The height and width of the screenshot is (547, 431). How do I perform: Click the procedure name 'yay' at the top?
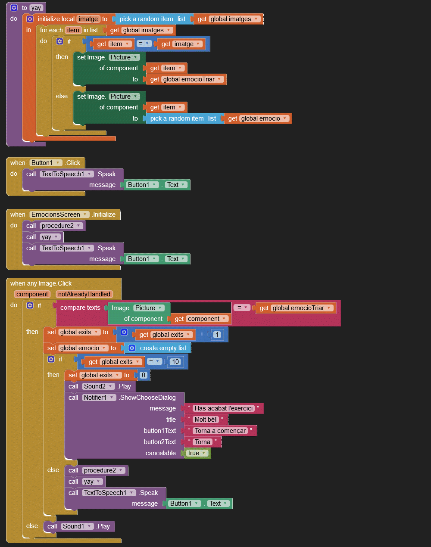pos(36,8)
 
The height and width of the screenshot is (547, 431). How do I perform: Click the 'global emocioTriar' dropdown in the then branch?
pos(193,79)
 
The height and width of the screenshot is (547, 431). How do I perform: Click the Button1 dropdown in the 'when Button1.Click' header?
pos(46,163)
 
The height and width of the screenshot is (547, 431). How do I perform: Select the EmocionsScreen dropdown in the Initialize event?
pos(59,214)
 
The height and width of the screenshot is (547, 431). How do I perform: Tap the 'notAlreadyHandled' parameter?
pos(84,294)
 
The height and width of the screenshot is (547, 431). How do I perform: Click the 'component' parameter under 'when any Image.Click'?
pos(32,294)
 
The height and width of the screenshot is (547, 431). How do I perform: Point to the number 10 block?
pos(175,362)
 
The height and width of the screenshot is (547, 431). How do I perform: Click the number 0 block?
pos(144,375)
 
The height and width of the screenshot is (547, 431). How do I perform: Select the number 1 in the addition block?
pos(217,335)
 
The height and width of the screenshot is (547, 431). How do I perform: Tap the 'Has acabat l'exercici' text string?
pos(223,408)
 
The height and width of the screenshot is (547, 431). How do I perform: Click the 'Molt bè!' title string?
pos(206,420)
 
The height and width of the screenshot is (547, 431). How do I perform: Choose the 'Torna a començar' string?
pos(220,431)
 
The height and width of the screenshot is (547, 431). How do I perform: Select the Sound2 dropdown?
pos(98,386)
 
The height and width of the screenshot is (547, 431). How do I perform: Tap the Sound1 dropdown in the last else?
pos(77,526)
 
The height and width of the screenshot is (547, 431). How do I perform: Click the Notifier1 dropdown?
pos(99,398)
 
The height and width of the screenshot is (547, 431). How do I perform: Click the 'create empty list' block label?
pos(163,348)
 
